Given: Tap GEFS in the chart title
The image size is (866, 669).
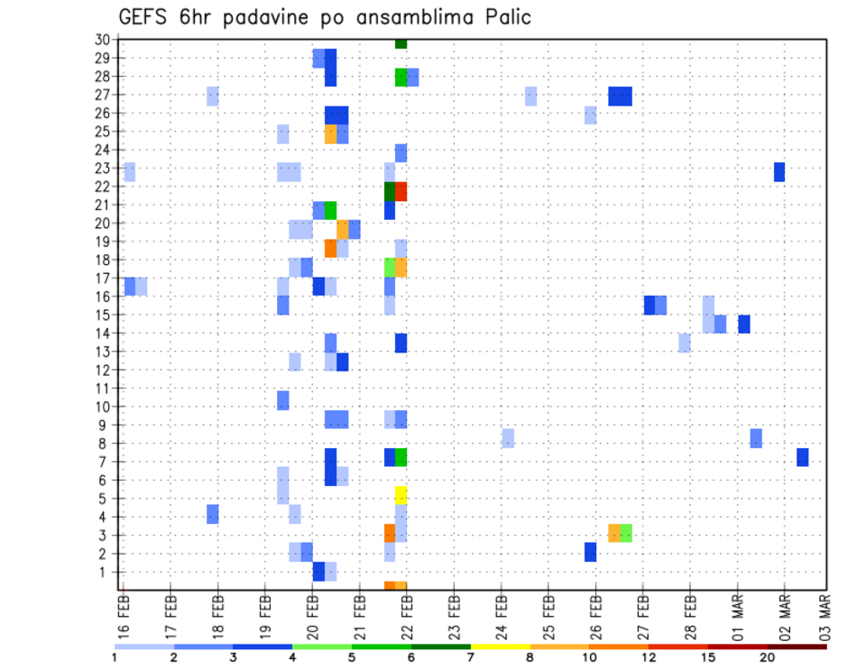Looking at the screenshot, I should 142,16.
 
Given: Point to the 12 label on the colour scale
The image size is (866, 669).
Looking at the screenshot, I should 649,656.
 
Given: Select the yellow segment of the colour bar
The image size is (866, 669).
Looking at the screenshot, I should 501,646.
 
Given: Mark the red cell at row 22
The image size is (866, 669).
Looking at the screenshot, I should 401,191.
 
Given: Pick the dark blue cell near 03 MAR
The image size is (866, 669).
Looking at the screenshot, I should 802,457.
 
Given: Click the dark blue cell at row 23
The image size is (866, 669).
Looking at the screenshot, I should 779,171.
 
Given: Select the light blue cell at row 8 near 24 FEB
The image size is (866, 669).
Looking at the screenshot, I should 508,438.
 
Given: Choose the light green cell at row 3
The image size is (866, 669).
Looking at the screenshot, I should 626,533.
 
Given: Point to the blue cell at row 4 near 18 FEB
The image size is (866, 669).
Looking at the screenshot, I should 212,514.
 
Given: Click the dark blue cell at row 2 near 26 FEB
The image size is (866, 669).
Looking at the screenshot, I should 590,552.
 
